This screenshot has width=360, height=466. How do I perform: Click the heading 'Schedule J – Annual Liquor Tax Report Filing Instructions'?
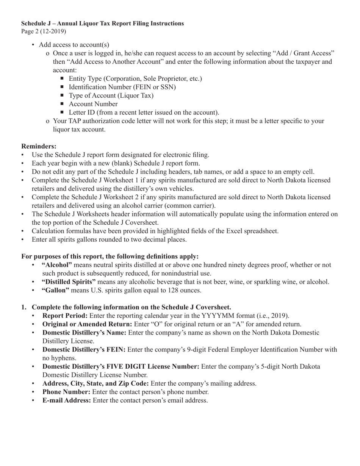click(102, 23)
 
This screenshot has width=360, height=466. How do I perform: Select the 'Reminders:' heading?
click(39, 146)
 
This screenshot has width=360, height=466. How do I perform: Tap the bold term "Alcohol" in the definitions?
click(56, 265)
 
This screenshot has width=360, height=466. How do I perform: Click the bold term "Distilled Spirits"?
click(69, 282)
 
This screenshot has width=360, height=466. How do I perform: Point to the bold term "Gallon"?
click(55, 291)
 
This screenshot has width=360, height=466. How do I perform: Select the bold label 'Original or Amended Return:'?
click(87, 324)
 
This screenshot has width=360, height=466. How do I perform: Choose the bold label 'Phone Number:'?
click(66, 392)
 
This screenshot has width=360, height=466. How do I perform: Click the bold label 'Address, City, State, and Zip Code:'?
click(95, 383)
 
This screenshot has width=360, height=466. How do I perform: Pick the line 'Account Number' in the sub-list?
click(93, 104)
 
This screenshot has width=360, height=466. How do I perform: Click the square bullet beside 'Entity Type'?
click(63, 78)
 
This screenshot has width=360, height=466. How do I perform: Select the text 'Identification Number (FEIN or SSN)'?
click(122, 87)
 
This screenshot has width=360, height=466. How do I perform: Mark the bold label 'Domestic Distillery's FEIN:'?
click(84, 350)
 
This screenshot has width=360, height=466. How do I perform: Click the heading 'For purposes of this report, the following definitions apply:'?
click(110, 256)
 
